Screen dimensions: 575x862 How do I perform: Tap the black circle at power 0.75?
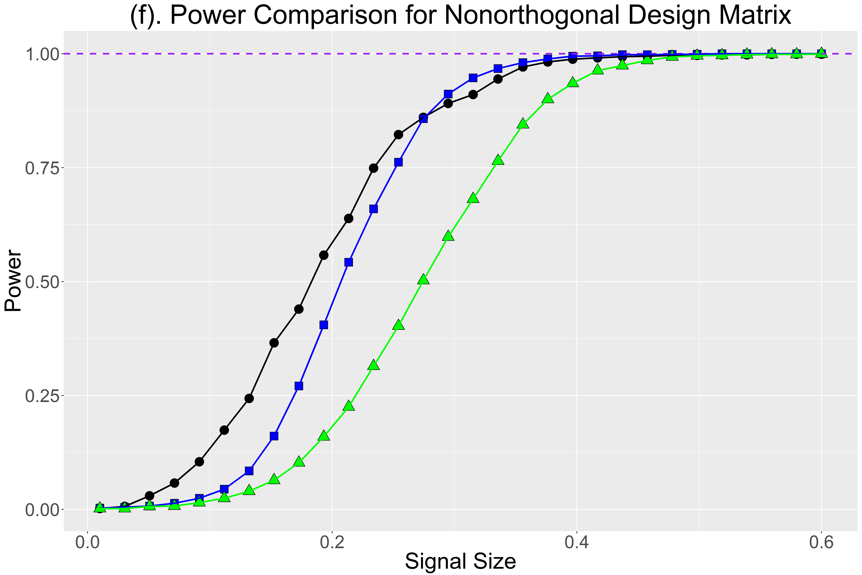pyautogui.click(x=373, y=168)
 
